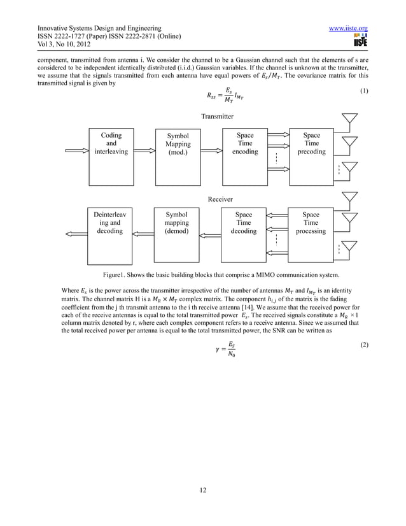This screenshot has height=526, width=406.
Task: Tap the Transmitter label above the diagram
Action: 217,117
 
